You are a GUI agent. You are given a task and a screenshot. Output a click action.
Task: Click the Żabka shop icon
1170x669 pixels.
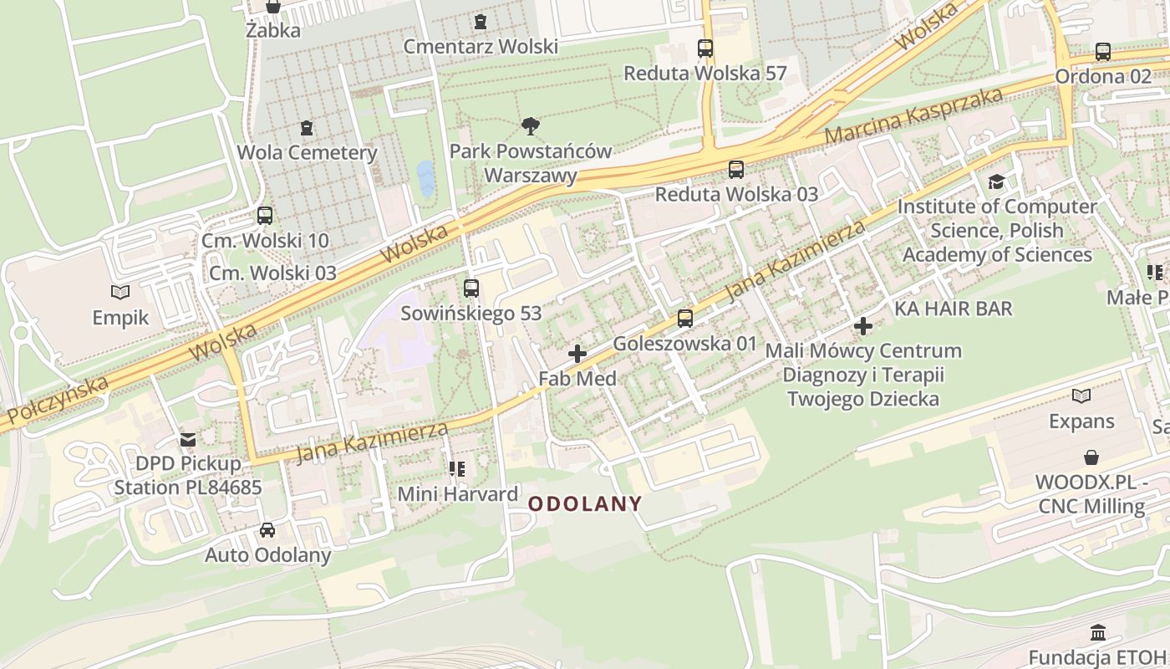coord(272,7)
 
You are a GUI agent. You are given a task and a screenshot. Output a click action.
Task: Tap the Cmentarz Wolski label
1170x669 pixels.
coord(480,46)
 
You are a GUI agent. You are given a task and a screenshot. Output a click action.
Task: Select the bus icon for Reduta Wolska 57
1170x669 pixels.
coord(705,49)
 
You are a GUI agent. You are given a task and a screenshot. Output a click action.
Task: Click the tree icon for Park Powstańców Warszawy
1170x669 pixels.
coord(530,126)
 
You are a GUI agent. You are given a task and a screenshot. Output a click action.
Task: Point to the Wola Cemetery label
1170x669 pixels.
coord(307,153)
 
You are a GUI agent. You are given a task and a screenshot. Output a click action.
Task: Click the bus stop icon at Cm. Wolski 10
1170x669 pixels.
coord(265,216)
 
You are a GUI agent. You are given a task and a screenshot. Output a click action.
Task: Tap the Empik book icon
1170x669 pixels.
coord(120,293)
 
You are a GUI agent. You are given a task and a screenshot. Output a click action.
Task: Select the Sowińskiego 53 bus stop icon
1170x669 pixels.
coord(471,289)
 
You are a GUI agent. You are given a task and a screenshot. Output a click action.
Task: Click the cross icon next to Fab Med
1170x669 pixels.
coord(577,354)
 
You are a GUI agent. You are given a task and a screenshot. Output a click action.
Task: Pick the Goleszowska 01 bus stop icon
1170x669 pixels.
coord(684,319)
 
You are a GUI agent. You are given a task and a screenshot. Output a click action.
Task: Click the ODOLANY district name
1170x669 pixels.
coord(585,503)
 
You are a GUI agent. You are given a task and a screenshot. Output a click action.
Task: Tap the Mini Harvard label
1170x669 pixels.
coord(457,494)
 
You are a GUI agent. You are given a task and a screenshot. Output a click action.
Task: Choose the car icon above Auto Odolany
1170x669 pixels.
coord(267,530)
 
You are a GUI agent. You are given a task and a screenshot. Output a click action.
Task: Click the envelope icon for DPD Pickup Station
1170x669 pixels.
coord(188,439)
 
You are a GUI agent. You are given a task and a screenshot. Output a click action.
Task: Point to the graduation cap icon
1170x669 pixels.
coord(996,181)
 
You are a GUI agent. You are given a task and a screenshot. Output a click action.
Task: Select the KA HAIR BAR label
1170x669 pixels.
coord(953,309)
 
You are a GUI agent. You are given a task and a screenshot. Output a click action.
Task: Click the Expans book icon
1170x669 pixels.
coord(1081,396)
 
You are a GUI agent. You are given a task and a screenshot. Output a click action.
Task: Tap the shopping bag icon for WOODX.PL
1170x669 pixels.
coord(1091,457)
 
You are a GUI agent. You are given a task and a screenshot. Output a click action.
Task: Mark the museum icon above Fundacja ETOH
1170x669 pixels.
coord(1098,632)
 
